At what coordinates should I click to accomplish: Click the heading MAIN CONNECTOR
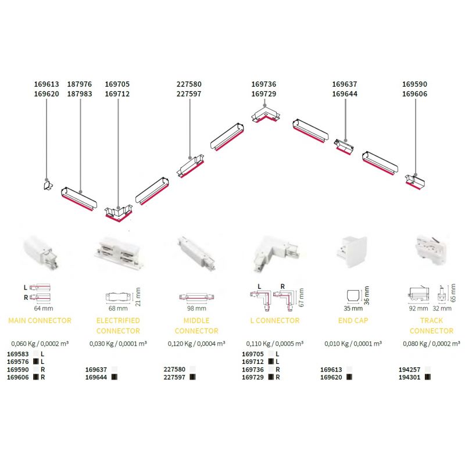pos(40,320)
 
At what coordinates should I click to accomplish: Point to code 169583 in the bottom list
pos(17,353)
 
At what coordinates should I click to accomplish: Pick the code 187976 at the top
pos(80,84)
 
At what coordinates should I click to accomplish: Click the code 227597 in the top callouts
pos(188,94)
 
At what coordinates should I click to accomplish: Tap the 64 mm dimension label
pos(39,308)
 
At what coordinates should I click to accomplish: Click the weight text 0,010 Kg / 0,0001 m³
pos(353,344)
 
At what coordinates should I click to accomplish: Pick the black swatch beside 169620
pos(349,377)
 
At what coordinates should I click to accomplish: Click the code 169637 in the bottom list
pos(96,369)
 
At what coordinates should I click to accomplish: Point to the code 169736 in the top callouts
pos(263,84)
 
